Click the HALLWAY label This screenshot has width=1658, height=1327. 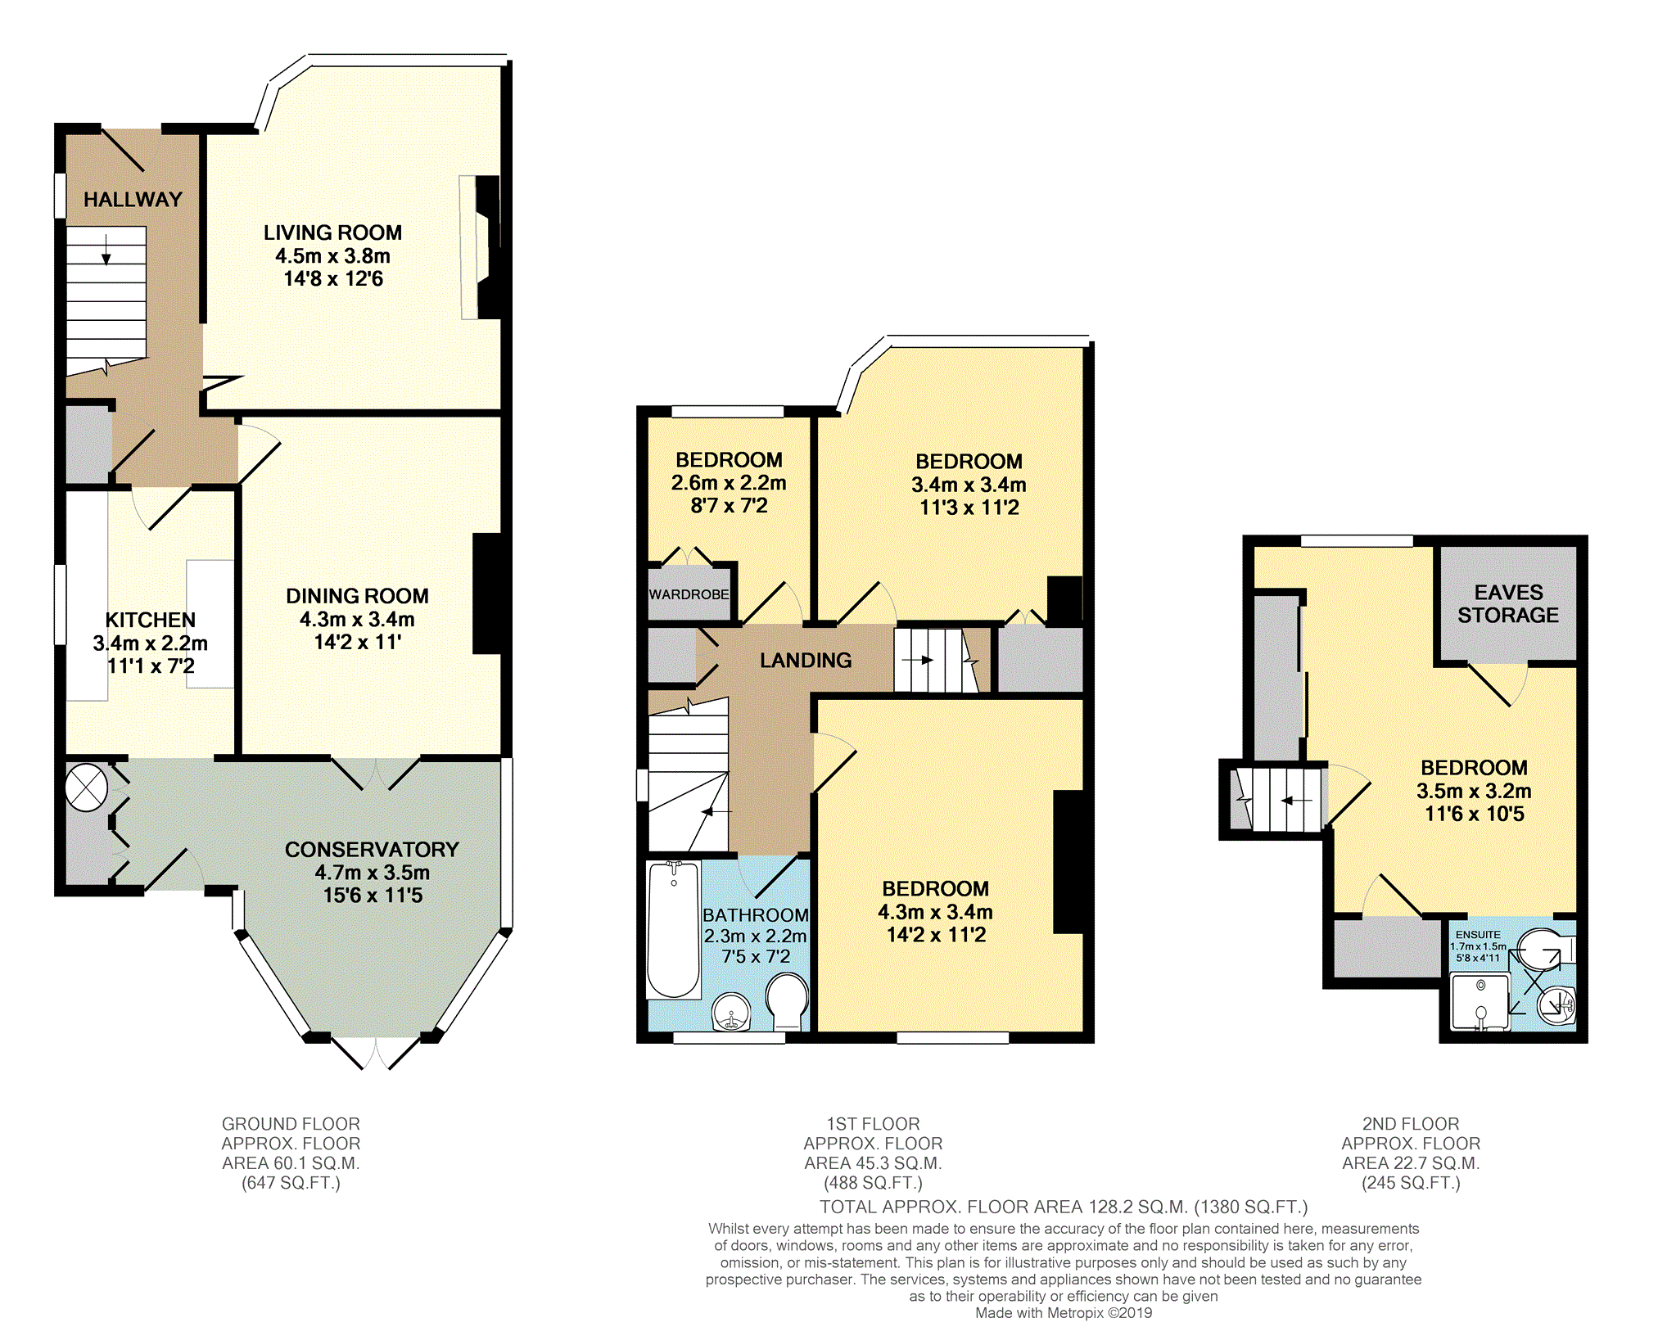pyautogui.click(x=133, y=200)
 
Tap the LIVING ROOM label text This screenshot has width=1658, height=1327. pyautogui.click(x=332, y=233)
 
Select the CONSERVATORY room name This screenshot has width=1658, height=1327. pyautogui.click(x=372, y=850)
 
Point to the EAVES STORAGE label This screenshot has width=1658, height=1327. pyautogui.click(x=1508, y=604)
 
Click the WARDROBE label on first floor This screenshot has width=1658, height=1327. pyautogui.click(x=689, y=594)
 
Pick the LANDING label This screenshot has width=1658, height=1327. pyautogui.click(x=806, y=661)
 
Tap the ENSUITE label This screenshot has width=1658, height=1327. pyautogui.click(x=1478, y=935)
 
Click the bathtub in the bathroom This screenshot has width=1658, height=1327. pyautogui.click(x=673, y=930)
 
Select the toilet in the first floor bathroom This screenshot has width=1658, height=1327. pyautogui.click(x=787, y=1001)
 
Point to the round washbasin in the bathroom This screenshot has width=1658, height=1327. pyautogui.click(x=731, y=1013)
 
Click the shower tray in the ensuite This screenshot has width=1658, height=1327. pyautogui.click(x=1480, y=1001)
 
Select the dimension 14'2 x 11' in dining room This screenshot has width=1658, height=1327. pyautogui.click(x=358, y=643)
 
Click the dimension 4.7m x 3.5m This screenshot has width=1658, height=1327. pyautogui.click(x=373, y=873)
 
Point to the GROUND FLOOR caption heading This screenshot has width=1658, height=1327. pyautogui.click(x=291, y=1124)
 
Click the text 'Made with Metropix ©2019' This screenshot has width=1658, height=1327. pyautogui.click(x=1064, y=1313)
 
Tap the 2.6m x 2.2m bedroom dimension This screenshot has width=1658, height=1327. pyautogui.click(x=729, y=483)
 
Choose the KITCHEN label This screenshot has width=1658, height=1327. pyautogui.click(x=151, y=621)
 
